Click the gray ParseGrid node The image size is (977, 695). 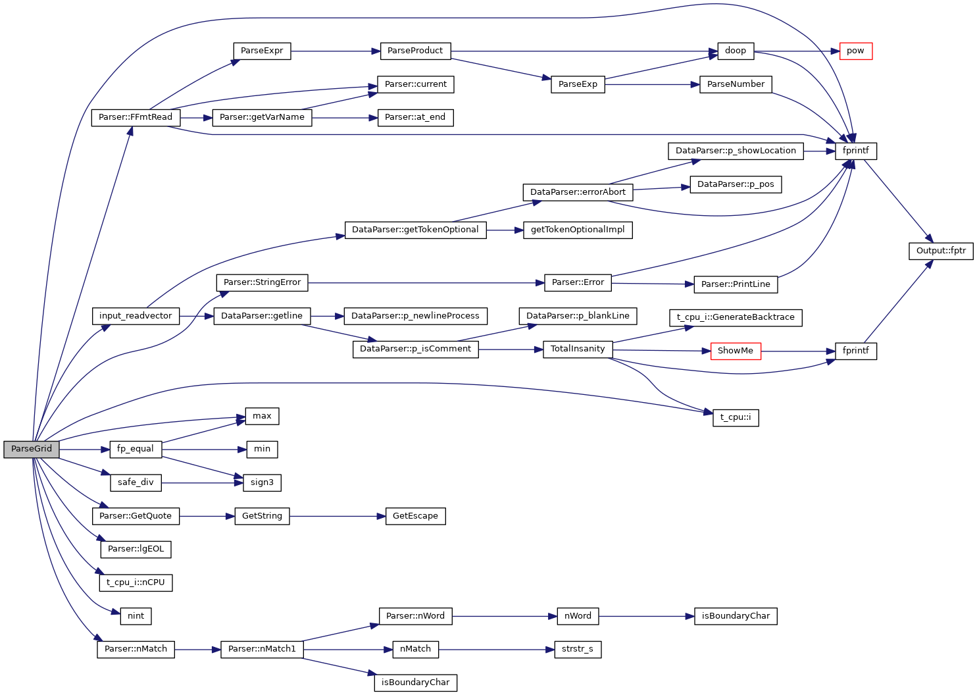(x=32, y=450)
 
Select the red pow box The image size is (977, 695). (x=855, y=51)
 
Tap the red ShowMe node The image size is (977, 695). (x=735, y=351)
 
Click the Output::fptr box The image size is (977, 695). (x=940, y=251)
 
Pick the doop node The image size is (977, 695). (x=735, y=51)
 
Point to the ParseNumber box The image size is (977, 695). (x=735, y=84)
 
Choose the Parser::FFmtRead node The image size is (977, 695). (x=135, y=118)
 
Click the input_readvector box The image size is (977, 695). (x=135, y=316)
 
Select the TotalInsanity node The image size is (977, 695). (x=577, y=349)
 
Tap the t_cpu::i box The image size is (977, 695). (x=735, y=417)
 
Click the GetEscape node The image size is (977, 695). (x=414, y=516)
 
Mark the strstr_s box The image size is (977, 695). (x=577, y=649)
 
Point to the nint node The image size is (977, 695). (x=136, y=616)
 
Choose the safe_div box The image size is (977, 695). (x=136, y=482)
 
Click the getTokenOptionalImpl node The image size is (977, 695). (x=577, y=230)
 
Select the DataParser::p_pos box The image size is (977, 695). (x=735, y=184)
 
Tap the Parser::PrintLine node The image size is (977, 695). (x=735, y=284)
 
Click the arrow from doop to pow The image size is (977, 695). (x=796, y=51)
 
